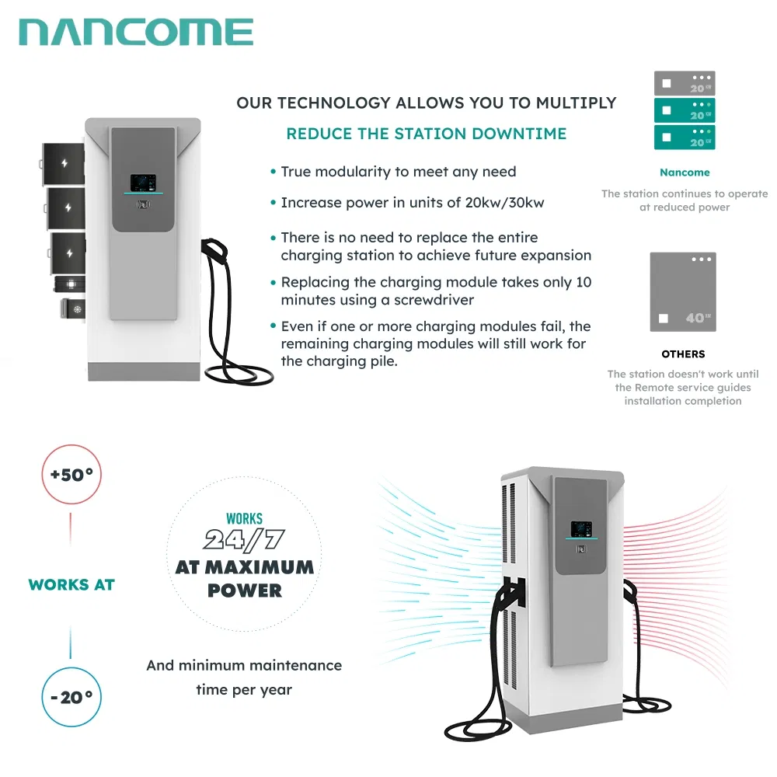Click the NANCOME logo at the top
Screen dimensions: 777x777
tap(136, 33)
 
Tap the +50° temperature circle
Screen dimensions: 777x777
tap(71, 475)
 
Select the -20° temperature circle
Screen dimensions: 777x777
tap(71, 696)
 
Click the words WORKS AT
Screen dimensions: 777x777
tap(71, 585)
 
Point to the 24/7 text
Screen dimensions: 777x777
tap(243, 540)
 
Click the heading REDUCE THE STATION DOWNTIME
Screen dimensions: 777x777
tap(426, 134)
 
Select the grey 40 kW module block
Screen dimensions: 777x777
tap(683, 292)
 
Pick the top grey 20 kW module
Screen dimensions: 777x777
tap(684, 84)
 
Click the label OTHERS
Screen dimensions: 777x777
tap(683, 354)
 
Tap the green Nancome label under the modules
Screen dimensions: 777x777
tap(684, 172)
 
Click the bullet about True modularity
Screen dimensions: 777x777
tap(398, 172)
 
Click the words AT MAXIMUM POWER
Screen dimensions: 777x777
tap(244, 578)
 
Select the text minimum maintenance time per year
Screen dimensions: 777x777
tap(244, 677)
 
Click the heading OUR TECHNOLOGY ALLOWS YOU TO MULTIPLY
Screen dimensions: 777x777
tap(426, 103)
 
